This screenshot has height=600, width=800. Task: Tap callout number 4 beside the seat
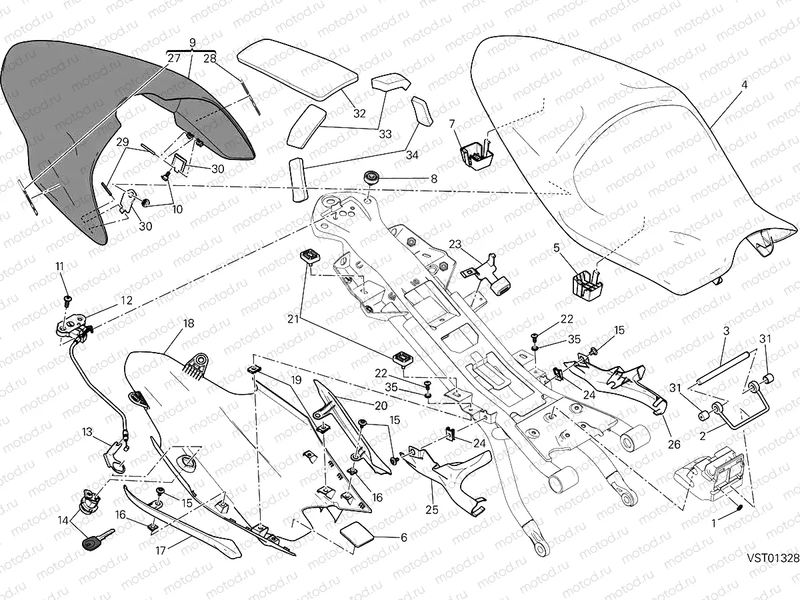745,85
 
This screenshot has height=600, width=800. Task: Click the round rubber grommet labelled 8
372,179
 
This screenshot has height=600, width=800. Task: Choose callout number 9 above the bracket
193,43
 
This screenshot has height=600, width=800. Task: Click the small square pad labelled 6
357,535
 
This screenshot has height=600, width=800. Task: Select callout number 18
189,323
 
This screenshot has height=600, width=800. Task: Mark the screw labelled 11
67,297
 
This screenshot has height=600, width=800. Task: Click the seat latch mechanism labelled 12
72,325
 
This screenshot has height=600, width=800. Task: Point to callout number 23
455,243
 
